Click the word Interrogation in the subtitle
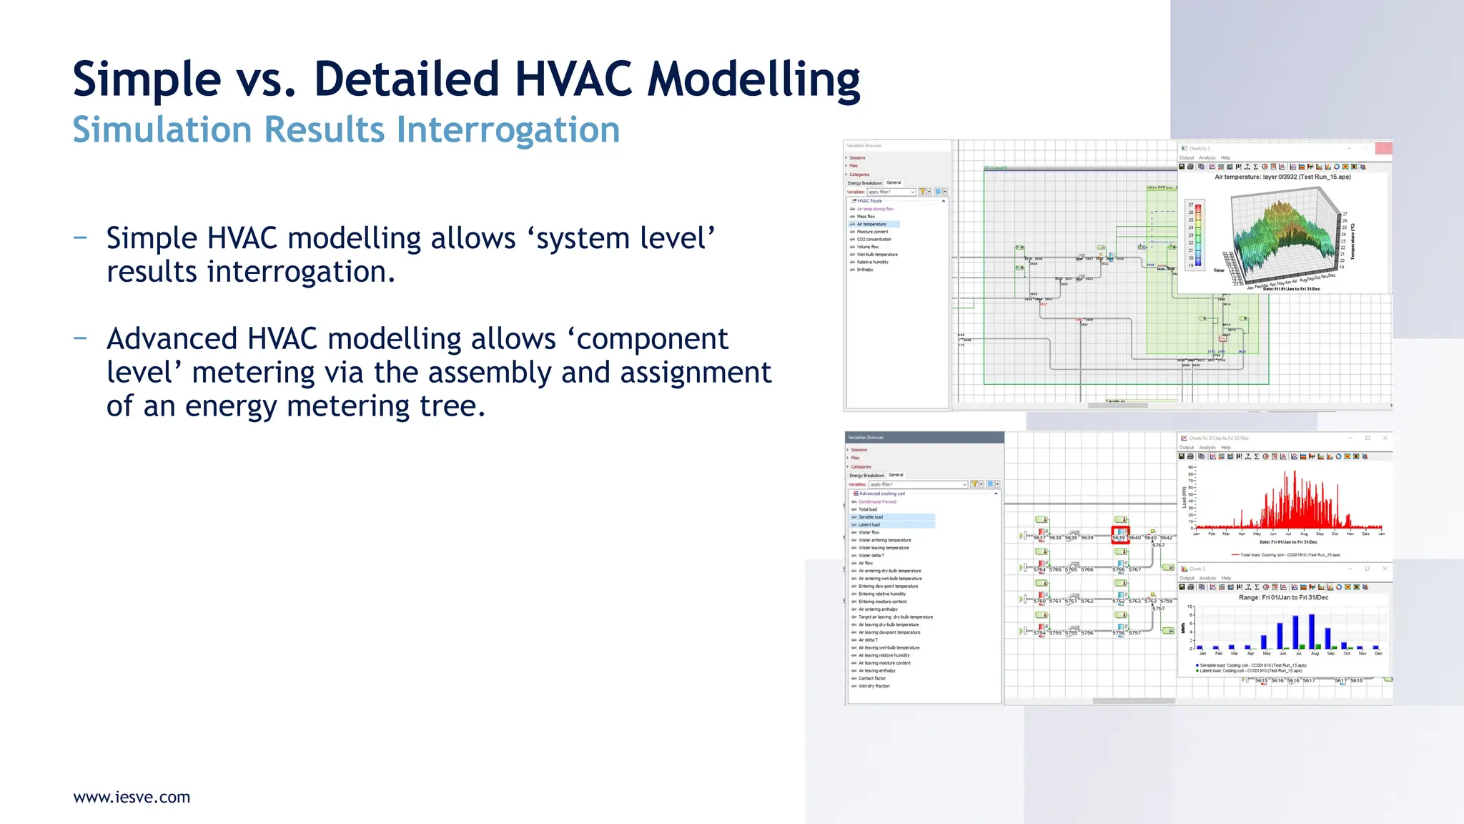[x=508, y=130]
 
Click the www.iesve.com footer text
[x=132, y=797]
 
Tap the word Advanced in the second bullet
[x=172, y=339]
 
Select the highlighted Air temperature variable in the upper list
[x=871, y=225]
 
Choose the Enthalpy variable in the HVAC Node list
[x=865, y=270]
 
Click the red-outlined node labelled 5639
[x=1119, y=536]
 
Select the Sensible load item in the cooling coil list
[x=871, y=517]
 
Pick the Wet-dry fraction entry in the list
[x=874, y=686]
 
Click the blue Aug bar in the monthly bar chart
[x=1312, y=631]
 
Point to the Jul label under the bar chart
[x=1298, y=654]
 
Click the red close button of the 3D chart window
[x=1384, y=148]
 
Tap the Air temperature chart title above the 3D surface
[x=1282, y=177]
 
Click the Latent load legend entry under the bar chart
[x=1250, y=671]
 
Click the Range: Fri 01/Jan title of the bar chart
[x=1283, y=597]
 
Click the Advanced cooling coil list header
[x=881, y=494]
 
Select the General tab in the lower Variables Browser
[x=896, y=475]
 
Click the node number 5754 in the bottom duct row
[x=1039, y=633]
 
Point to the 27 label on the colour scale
[x=1191, y=205]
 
